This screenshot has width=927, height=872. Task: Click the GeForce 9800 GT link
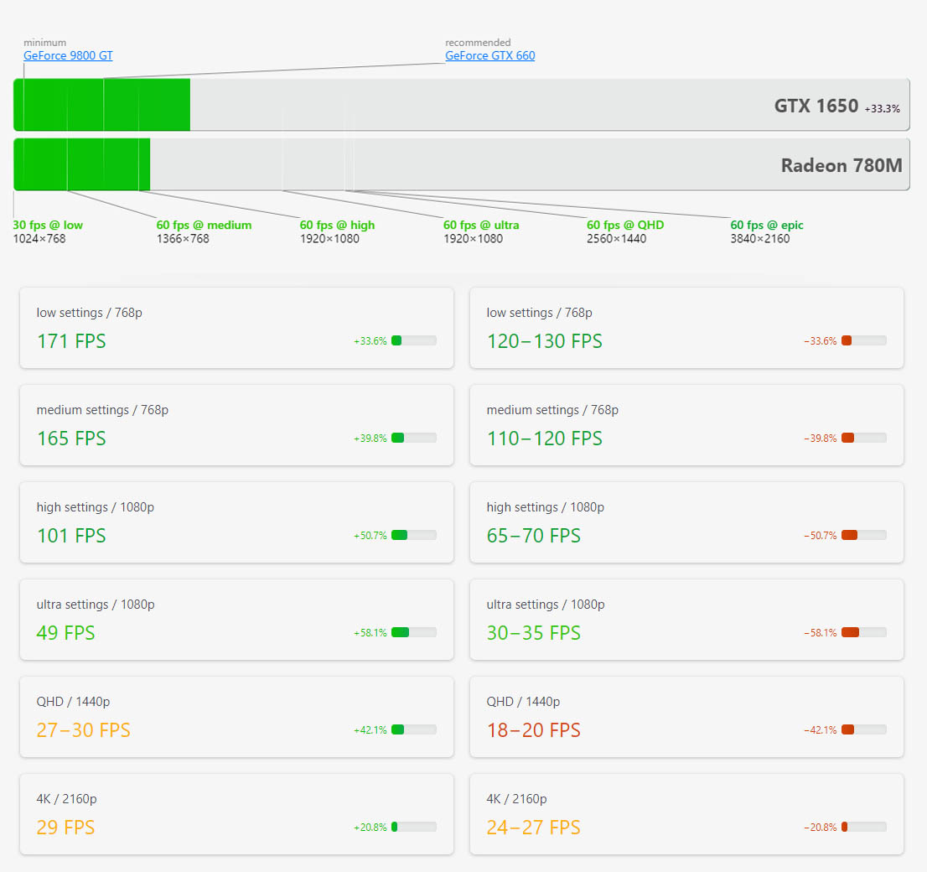(x=68, y=56)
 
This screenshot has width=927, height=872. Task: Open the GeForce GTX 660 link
(x=489, y=56)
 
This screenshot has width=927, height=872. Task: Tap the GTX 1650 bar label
(x=816, y=106)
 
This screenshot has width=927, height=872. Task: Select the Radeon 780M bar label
(x=841, y=165)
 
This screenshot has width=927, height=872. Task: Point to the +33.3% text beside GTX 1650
(x=882, y=109)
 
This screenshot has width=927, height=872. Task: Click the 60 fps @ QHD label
(x=624, y=225)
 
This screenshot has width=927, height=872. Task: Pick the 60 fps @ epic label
(x=766, y=225)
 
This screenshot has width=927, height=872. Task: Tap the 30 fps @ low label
(x=48, y=225)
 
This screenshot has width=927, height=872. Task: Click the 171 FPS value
(x=71, y=341)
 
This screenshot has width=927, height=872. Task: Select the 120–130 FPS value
(x=544, y=341)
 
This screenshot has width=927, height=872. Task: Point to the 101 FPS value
(x=71, y=536)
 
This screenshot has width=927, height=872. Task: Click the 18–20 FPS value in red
(x=533, y=730)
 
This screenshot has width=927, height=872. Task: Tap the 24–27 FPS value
(x=533, y=828)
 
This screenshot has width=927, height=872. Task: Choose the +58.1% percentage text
(x=370, y=633)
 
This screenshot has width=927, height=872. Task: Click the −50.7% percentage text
(x=820, y=536)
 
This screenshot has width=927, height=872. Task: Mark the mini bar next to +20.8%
(x=413, y=828)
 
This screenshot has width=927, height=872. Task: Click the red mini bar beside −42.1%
(x=863, y=730)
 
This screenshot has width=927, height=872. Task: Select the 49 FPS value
(x=65, y=633)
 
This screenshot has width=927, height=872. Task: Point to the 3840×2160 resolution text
(x=759, y=239)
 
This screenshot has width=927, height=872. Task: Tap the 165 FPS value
(x=71, y=439)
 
